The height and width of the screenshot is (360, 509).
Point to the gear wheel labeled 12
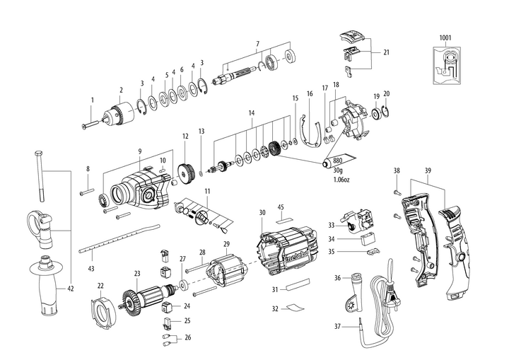[x=187, y=171]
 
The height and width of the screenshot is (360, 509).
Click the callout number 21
[x=387, y=52]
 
